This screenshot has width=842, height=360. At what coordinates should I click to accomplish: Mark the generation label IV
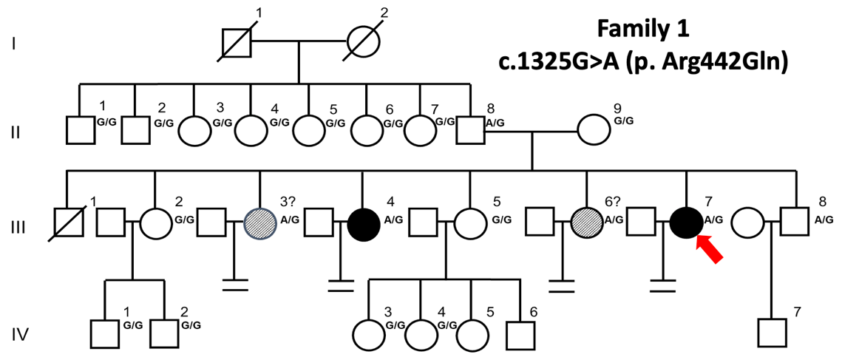pyautogui.click(x=20, y=335)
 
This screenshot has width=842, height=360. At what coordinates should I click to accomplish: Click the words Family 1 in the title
pyautogui.click(x=643, y=31)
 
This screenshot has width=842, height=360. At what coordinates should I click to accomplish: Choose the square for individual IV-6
pyautogui.click(x=522, y=333)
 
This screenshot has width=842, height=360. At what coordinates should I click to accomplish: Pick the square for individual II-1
pyautogui.click(x=80, y=132)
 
